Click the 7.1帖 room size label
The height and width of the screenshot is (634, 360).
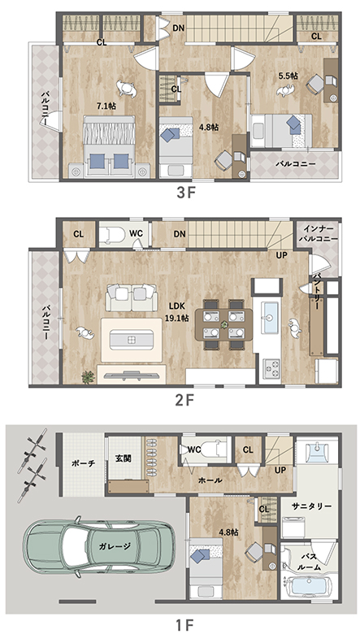pos(106,106)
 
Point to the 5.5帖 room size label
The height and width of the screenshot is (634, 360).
pos(288,76)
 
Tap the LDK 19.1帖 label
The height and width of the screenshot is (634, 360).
pos(176,313)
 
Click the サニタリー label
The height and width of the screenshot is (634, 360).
pos(311,506)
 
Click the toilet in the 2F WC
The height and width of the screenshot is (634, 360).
pos(113,235)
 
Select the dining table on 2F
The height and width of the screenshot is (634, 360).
pos(223,324)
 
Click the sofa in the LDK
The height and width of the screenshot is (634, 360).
pos(132,297)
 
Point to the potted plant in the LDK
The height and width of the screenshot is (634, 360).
pos(88,377)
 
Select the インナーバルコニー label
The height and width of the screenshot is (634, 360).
pos(318,234)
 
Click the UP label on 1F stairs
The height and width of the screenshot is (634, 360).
pos(280,471)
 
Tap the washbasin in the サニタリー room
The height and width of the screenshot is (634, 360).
pos(318,452)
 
